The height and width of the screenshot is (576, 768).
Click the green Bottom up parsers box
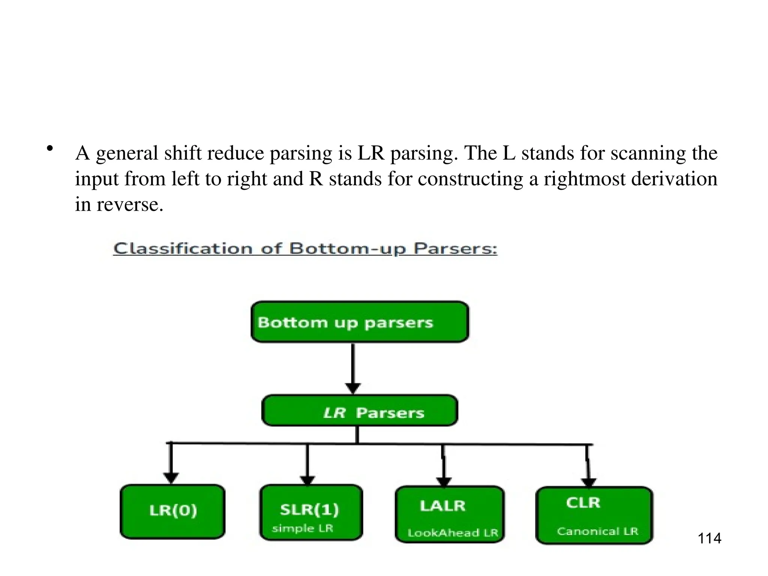(360, 322)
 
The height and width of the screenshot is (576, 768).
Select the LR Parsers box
(360, 411)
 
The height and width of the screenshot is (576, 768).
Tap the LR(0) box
(172, 511)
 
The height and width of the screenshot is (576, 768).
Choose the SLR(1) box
(311, 512)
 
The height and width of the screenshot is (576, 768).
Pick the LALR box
(450, 514)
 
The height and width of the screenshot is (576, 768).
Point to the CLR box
(594, 514)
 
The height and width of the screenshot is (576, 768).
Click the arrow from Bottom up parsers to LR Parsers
(352, 367)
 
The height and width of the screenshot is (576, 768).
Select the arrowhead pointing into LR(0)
(171, 478)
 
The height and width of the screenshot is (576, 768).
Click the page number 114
(709, 538)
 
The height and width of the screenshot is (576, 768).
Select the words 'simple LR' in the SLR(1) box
(302, 528)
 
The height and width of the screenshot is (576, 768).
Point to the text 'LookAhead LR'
(452, 533)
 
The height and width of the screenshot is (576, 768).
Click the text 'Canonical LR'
(597, 531)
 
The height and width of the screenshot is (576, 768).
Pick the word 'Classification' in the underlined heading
(183, 249)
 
